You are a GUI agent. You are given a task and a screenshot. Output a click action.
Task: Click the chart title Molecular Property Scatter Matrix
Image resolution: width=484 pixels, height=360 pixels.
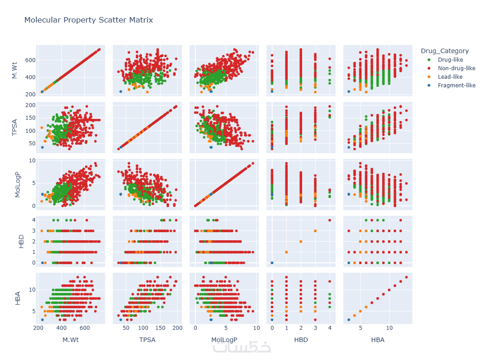89,20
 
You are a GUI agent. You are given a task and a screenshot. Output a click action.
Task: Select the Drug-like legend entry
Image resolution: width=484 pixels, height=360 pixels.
450,59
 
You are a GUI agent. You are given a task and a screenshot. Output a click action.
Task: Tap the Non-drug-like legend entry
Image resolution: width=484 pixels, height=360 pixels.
457,68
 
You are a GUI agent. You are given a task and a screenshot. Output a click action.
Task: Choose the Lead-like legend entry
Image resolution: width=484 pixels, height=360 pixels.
450,76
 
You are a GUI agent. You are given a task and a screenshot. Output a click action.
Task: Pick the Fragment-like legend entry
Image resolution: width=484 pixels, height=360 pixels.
457,85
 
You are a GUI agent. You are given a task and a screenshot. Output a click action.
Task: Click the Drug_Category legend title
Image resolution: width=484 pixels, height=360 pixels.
444,51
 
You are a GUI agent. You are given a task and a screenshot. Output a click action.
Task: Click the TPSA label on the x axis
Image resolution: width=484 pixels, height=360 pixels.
147,340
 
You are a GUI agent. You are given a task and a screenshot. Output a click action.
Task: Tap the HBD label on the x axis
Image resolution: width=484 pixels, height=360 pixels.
301,340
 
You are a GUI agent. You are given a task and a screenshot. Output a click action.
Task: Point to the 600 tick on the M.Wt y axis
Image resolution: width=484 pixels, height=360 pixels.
30,60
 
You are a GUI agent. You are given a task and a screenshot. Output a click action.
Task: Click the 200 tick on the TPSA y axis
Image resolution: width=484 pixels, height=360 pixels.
30,105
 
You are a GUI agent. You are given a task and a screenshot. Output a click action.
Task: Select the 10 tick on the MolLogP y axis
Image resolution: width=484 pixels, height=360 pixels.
32,160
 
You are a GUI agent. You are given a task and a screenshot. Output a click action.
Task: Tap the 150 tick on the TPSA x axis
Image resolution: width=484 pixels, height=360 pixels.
161,328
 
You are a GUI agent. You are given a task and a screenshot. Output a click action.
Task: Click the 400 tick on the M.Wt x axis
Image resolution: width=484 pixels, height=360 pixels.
62,328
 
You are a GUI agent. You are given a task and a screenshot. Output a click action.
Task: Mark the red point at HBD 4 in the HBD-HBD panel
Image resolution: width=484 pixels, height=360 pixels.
330,220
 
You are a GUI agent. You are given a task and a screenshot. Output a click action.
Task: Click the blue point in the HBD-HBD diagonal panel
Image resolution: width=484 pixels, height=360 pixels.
272,262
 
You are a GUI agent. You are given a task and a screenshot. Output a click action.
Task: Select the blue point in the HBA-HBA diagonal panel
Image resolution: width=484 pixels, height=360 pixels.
348,319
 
